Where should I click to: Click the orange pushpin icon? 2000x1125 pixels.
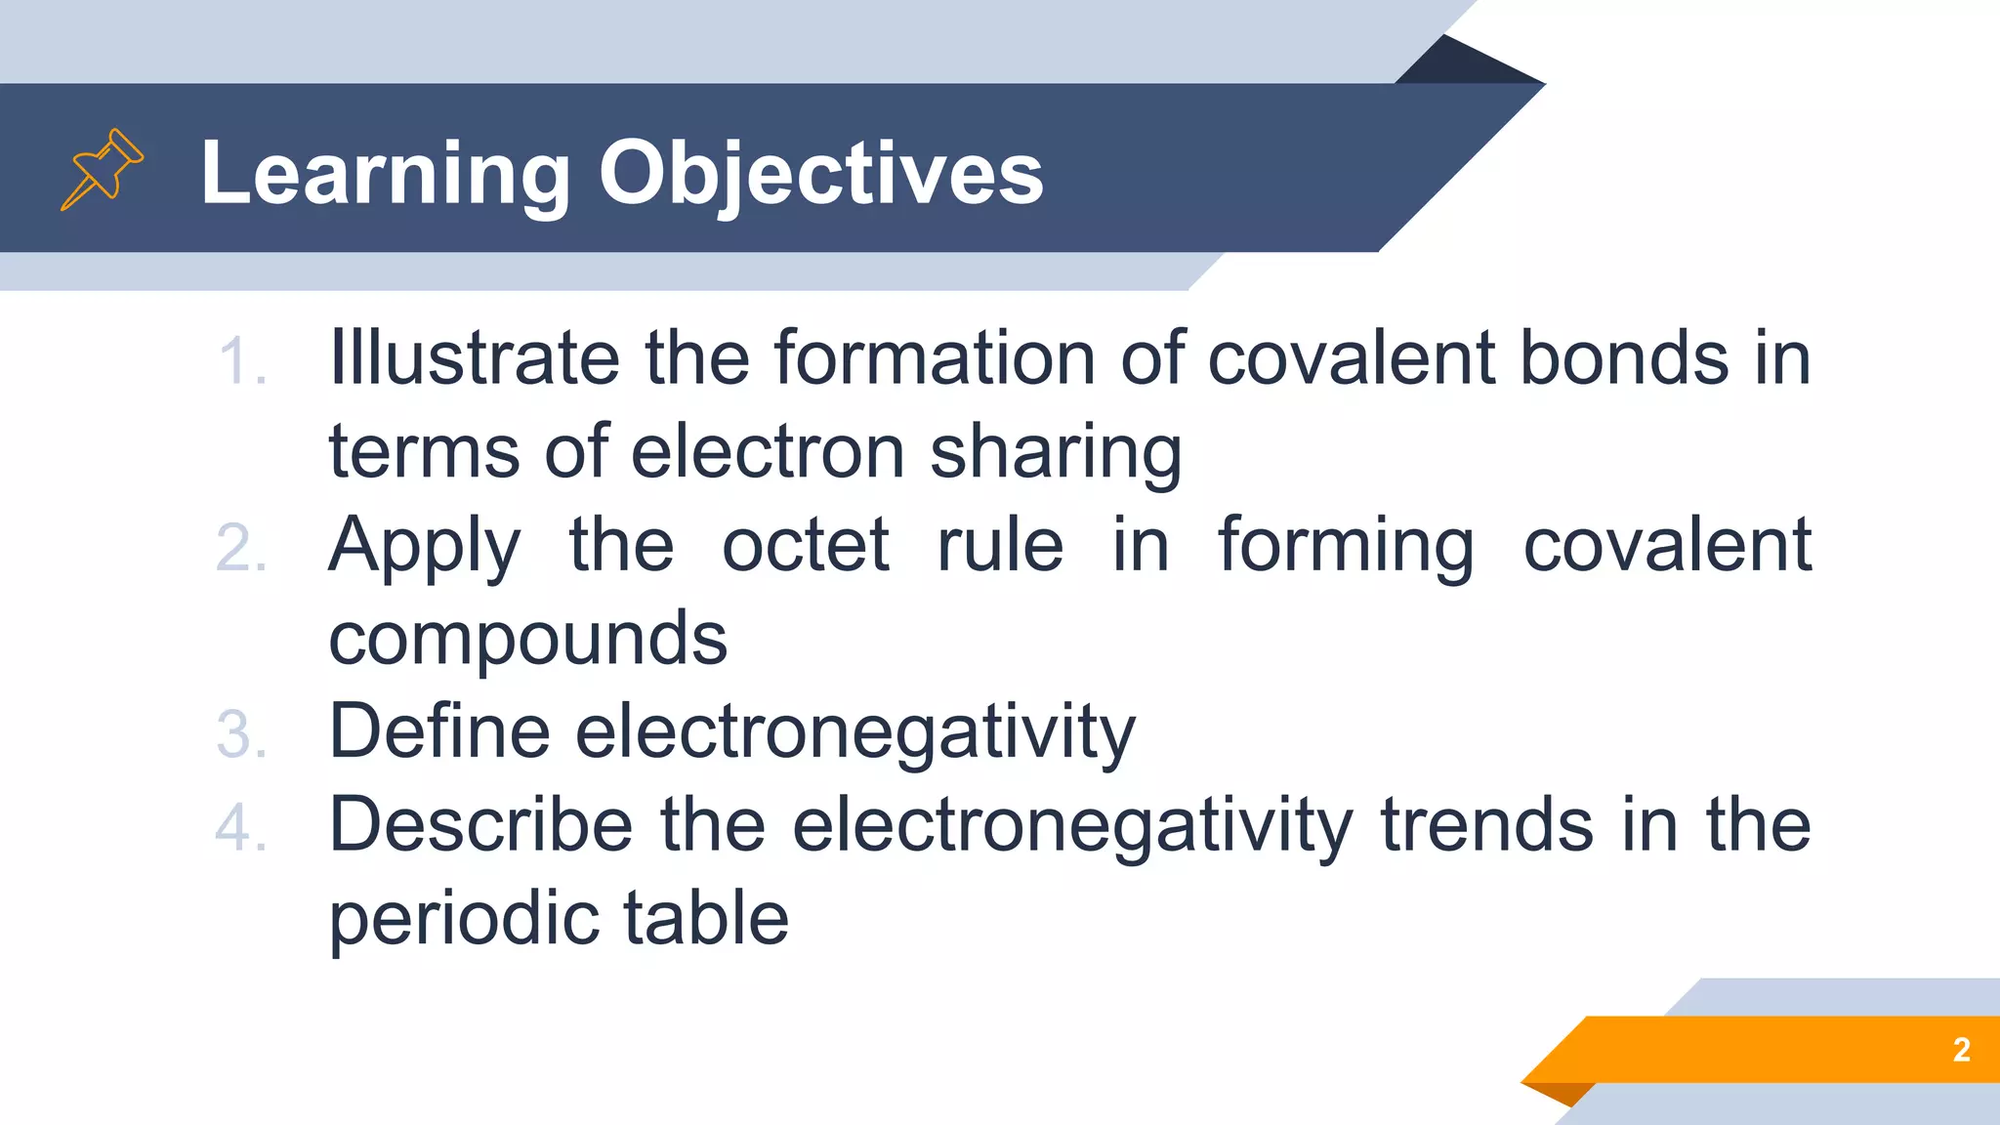102,170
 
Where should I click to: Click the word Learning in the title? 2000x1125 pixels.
385,174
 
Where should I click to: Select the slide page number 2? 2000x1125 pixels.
1961,1050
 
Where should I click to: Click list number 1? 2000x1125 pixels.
241,362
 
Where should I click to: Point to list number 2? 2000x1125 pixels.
241,549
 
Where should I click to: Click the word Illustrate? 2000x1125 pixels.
474,357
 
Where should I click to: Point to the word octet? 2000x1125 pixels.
806,545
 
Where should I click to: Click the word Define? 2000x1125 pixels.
439,731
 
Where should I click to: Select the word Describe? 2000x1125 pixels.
480,825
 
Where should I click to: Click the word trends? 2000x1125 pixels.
1487,825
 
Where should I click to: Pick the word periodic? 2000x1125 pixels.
463,920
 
